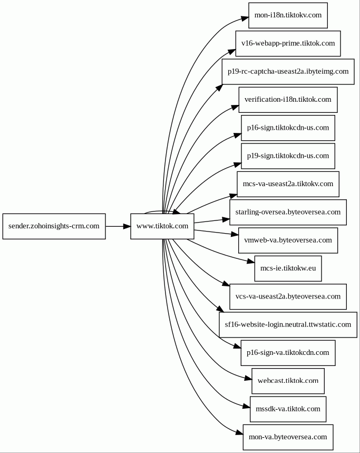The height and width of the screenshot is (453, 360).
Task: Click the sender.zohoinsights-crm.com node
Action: point(54,226)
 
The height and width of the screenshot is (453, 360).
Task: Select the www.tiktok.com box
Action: point(162,226)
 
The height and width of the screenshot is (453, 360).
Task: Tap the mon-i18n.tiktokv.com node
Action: point(288,15)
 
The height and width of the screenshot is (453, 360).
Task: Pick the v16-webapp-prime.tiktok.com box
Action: point(288,43)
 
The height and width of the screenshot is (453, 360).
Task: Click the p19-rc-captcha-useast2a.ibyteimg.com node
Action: point(288,72)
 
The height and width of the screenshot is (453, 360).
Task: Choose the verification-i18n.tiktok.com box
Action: point(288,100)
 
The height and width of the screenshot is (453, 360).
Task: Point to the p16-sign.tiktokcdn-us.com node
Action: point(288,128)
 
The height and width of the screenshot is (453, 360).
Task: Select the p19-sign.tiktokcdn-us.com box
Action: point(288,156)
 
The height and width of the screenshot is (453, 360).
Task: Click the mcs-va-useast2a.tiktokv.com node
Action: point(288,184)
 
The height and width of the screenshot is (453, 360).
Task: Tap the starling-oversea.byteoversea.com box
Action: point(288,212)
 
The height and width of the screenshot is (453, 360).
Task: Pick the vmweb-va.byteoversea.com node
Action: point(288,240)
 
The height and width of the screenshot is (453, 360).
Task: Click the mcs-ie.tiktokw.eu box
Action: point(288,268)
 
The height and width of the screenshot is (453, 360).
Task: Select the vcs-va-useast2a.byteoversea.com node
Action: point(288,297)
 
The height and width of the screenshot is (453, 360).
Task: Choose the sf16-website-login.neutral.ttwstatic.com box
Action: point(288,325)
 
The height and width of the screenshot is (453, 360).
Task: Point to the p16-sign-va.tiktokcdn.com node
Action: point(288,353)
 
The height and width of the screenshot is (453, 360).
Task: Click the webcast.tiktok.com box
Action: point(288,381)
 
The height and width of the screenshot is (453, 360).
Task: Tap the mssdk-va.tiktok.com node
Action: point(288,409)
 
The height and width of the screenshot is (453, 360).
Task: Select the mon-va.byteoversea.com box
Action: point(288,437)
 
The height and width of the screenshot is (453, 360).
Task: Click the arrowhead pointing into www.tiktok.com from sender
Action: point(127,226)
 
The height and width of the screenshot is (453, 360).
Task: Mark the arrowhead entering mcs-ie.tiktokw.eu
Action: point(251,262)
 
